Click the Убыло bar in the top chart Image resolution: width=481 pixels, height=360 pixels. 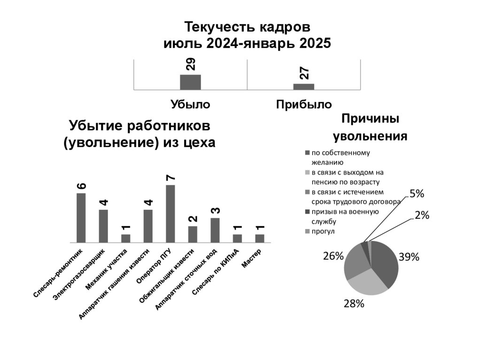pyautogui.click(x=190, y=82)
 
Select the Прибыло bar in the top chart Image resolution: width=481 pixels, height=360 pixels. pyautogui.click(x=303, y=86)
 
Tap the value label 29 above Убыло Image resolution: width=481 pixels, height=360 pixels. pyautogui.click(x=191, y=64)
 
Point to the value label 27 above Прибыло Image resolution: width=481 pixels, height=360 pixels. pyautogui.click(x=304, y=73)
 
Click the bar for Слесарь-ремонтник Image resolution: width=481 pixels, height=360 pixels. pyautogui.click(x=81, y=218)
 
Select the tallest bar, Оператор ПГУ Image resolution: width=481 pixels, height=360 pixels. pyautogui.click(x=171, y=214)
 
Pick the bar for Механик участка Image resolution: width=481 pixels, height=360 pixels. pyautogui.click(x=126, y=238)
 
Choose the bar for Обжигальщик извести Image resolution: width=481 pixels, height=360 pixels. pyautogui.click(x=193, y=234)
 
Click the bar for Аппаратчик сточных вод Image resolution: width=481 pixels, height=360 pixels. pyautogui.click(x=215, y=230)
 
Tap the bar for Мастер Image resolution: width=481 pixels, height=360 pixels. pyautogui.click(x=260, y=238)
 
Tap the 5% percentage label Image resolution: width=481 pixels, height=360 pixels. pyautogui.click(x=417, y=194)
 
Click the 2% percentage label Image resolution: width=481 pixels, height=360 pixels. pyautogui.click(x=422, y=215)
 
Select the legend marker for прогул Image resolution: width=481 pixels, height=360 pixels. pyautogui.click(x=307, y=231)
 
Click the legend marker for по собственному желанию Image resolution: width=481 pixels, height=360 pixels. pyautogui.click(x=307, y=153)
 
